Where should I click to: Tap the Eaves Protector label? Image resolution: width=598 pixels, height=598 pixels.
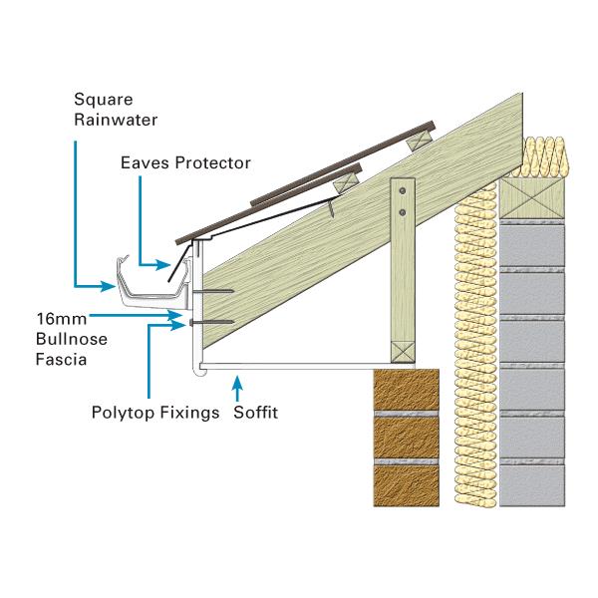184,162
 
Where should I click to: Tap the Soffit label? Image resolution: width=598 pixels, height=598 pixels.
256,412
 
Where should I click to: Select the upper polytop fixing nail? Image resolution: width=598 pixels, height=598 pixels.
214,292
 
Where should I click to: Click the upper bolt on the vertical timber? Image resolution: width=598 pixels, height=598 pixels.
401,189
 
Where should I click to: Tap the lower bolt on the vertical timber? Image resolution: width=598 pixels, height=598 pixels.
401,211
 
